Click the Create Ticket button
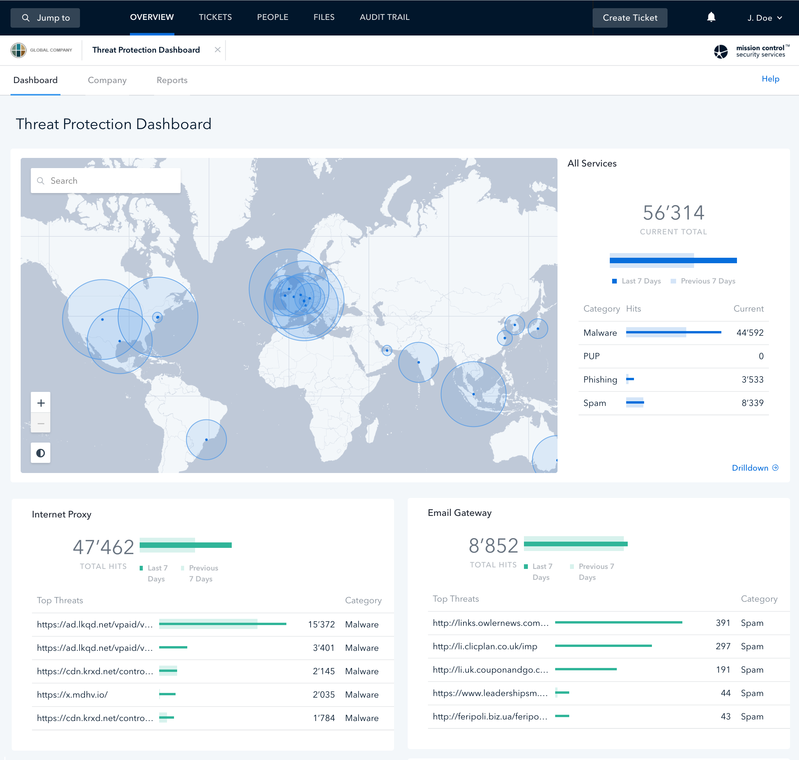click(630, 18)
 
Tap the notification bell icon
click(711, 17)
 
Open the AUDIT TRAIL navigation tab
click(384, 17)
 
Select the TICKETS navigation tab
click(215, 17)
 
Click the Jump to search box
click(45, 18)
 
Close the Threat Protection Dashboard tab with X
click(218, 50)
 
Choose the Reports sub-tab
click(172, 80)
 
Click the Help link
click(770, 79)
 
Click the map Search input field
click(105, 181)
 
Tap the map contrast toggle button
click(41, 453)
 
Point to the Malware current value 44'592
click(749, 333)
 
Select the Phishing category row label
click(600, 379)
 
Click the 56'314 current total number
click(673, 213)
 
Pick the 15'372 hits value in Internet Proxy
click(321, 624)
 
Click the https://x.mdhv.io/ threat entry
click(72, 694)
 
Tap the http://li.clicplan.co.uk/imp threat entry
click(485, 646)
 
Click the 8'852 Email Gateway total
click(494, 545)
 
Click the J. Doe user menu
click(765, 18)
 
